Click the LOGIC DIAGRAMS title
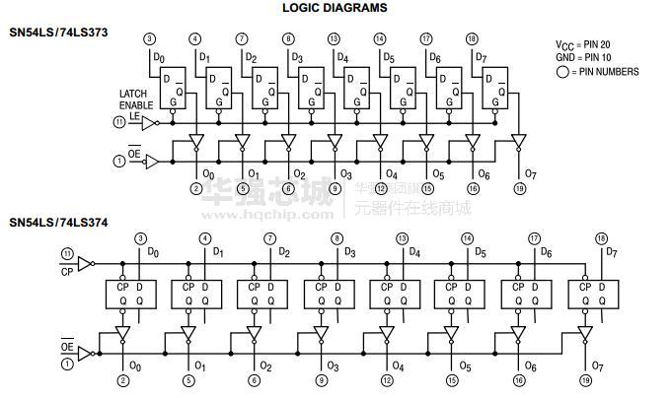tap(335, 8)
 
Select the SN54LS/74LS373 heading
tap(58, 33)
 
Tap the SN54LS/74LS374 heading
tap(58, 223)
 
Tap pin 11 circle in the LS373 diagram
tap(120, 122)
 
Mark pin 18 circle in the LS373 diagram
tap(472, 38)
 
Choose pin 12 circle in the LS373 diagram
tap(380, 188)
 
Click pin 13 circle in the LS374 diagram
tap(403, 238)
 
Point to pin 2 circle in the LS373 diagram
tap(196, 188)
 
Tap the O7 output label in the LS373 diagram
tap(530, 174)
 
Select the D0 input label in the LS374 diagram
tap(153, 252)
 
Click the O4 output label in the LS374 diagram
tap(398, 365)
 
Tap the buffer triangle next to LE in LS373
tap(149, 123)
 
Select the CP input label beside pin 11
tap(67, 271)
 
